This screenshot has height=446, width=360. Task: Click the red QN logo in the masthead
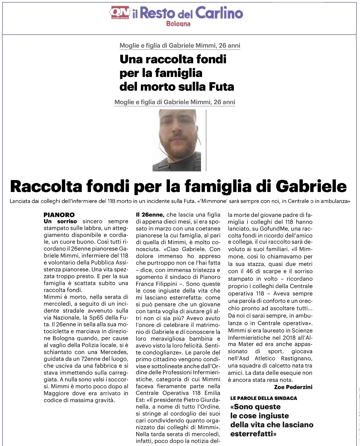coord(120,13)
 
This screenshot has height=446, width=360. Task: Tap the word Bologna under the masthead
coord(178,24)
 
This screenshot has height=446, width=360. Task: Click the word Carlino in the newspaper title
coord(219,13)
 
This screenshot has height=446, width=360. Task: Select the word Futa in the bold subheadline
coord(221,87)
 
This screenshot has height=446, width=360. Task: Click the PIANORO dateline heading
coord(59,215)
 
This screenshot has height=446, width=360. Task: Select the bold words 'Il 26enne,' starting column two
coord(150,215)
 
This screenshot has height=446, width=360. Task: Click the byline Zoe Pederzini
coord(293,387)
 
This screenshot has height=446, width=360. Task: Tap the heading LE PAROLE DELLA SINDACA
coord(264,398)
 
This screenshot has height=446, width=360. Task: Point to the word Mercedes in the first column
coord(114,352)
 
